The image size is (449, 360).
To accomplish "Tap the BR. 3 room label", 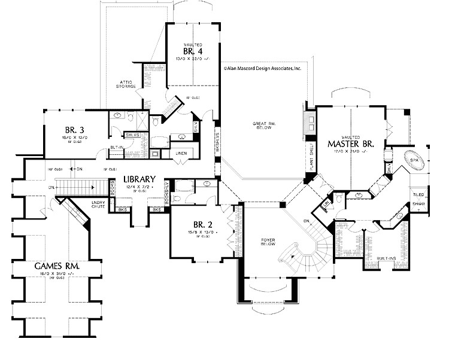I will pyautogui.click(x=77, y=129).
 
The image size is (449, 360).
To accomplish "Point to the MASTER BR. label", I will pyautogui.click(x=351, y=144).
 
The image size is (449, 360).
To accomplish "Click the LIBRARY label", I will pyautogui.click(x=140, y=179).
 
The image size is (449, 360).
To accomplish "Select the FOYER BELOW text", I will pyautogui.click(x=266, y=242).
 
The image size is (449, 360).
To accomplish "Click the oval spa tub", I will pyautogui.click(x=414, y=160).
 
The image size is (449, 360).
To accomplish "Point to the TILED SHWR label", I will pyautogui.click(x=418, y=199).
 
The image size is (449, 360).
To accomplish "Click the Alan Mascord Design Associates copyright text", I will pyautogui.click(x=262, y=69).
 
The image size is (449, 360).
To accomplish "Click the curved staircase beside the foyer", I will pyautogui.click(x=302, y=254).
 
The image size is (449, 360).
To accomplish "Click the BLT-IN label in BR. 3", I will pyautogui.click(x=116, y=147).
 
